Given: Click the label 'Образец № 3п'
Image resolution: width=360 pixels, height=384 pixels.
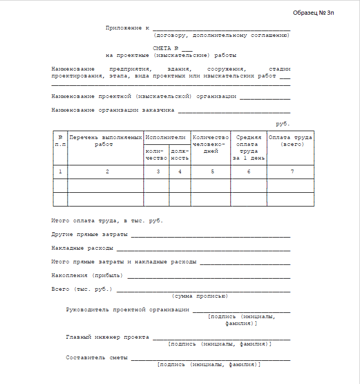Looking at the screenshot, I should tap(313, 13).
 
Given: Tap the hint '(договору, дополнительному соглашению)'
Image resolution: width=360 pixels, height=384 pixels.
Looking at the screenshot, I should tap(221, 35).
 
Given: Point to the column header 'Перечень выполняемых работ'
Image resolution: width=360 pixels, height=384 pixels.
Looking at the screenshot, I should tap(105, 141).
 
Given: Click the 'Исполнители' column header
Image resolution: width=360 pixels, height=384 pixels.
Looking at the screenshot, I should tap(167, 137).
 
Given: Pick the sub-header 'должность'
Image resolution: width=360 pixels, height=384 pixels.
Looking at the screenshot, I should tap(180, 154).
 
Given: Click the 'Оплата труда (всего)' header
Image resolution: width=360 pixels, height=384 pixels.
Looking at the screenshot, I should tap(290, 141).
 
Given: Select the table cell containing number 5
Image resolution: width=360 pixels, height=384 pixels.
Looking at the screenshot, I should tap(212, 172).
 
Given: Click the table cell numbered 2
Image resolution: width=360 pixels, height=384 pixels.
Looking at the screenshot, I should tap(107, 172).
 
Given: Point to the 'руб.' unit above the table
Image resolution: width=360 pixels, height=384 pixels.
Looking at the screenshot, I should tap(283, 124).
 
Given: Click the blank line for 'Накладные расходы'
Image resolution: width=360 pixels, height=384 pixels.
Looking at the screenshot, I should tap(203, 249).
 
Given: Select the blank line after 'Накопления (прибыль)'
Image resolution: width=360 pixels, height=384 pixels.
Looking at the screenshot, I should tap(209, 277).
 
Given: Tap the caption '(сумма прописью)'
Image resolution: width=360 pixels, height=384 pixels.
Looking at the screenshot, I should tap(200, 296).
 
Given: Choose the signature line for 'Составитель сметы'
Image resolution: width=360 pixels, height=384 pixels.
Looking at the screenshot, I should tap(211, 359).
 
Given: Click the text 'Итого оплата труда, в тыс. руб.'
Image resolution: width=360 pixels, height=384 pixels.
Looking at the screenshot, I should tap(107, 221).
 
